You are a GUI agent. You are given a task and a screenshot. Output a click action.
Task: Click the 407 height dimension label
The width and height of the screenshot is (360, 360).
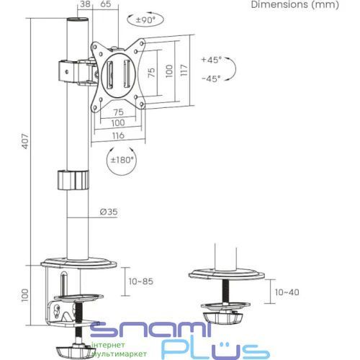tap(25, 142)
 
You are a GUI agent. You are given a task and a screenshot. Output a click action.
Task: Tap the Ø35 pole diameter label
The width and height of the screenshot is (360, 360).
tap(109, 212)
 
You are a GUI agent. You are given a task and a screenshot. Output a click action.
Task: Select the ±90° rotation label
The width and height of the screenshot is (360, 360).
tap(145, 20)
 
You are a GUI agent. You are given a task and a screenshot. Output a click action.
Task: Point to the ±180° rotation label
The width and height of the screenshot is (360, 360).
tap(122, 160)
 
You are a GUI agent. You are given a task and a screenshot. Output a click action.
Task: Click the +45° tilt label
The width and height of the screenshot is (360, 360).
tap(212, 60)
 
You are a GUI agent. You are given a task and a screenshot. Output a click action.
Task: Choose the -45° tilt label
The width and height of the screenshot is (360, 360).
tap(211, 78)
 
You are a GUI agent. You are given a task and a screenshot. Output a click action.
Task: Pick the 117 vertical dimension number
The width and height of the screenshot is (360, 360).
tap(184, 70)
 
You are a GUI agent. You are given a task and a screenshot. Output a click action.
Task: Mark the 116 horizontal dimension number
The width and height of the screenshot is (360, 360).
tap(118, 135)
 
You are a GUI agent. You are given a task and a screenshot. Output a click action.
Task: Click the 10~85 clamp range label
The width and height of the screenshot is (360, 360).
tap(141, 282)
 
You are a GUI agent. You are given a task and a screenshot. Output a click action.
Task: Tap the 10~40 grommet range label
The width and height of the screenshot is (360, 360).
tap(287, 292)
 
